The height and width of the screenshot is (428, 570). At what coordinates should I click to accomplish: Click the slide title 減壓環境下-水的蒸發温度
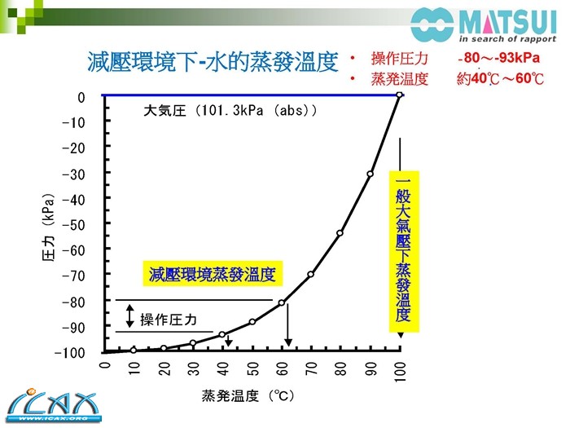point(212,62)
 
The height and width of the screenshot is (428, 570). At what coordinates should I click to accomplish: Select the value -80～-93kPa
point(499,59)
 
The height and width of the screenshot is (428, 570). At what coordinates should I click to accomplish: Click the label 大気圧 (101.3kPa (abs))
point(230,110)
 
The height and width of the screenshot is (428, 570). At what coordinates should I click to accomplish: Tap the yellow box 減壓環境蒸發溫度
point(213,274)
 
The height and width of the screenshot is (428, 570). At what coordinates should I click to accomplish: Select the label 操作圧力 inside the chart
point(169,319)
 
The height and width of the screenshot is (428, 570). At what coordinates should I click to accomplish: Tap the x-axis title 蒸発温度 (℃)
point(248,397)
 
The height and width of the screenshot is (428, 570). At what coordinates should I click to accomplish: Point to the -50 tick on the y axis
point(74,224)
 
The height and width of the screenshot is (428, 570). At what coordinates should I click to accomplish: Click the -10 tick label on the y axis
point(74,122)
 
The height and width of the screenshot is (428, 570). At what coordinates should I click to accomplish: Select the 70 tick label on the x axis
point(311,371)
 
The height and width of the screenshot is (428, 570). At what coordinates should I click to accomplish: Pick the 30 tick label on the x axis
point(193,371)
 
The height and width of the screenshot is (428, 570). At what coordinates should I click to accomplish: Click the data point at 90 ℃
point(370,174)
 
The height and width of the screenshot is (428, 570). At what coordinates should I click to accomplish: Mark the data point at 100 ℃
point(399,96)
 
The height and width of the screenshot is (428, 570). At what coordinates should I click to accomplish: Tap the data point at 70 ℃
point(310,274)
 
